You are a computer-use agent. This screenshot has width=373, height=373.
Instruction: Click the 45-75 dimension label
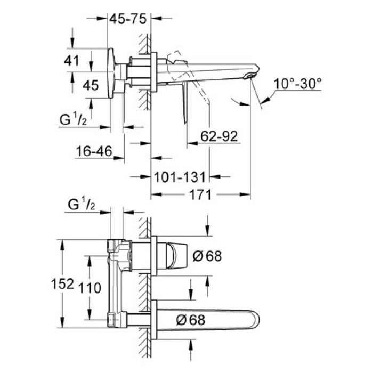point(128,18)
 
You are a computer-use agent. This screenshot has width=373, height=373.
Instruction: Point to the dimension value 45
point(91,86)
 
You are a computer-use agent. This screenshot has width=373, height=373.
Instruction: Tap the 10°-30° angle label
point(298,84)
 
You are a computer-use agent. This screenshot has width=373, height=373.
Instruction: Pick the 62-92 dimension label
point(219,137)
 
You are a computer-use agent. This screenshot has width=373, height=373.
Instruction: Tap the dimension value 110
point(90,288)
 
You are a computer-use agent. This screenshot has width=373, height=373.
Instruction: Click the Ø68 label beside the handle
point(206,256)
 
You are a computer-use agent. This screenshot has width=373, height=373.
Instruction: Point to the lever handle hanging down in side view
point(185,104)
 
